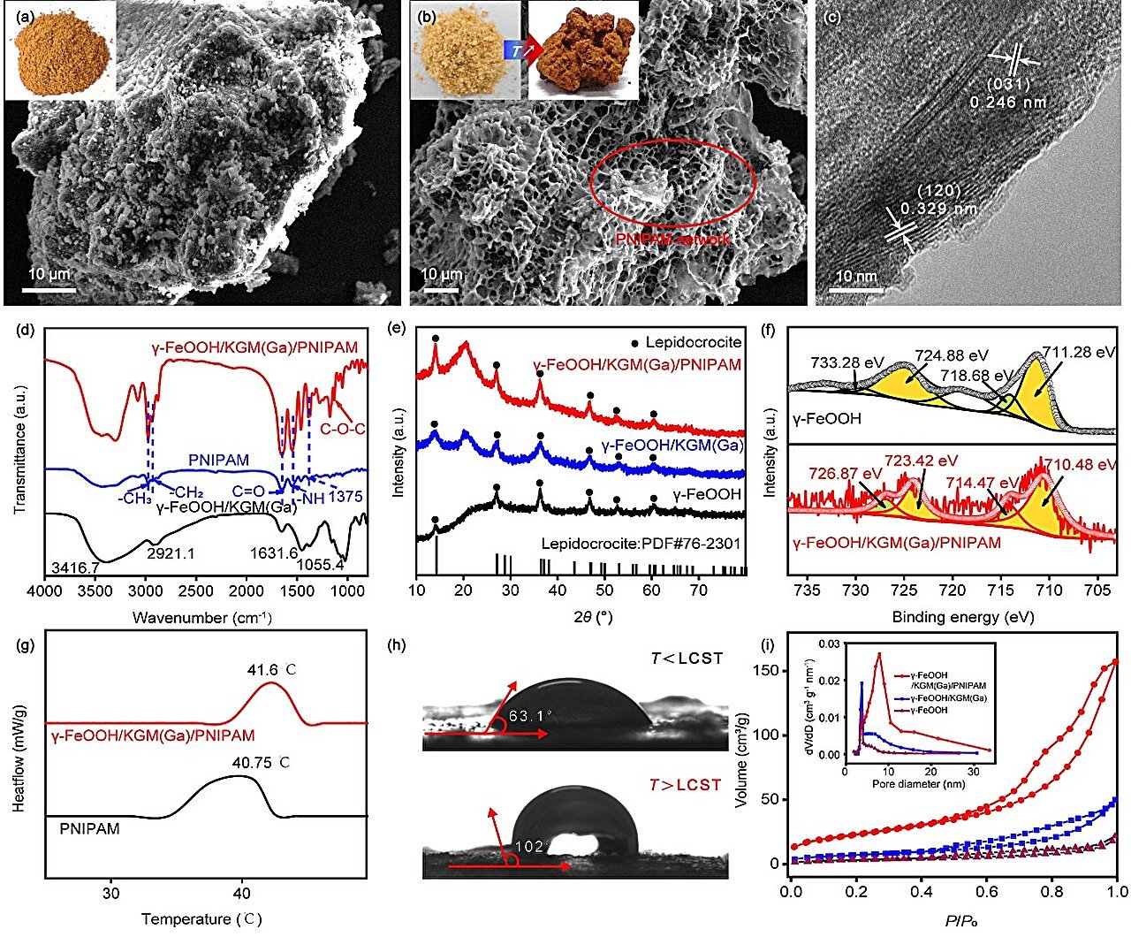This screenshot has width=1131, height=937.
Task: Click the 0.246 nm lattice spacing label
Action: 1008,103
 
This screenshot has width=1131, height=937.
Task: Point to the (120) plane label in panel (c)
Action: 937,191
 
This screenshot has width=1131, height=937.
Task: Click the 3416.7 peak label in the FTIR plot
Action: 75,567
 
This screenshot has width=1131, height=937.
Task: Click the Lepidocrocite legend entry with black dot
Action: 685,342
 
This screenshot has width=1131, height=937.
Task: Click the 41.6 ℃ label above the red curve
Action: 271,670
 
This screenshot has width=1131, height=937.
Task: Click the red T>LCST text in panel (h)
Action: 685,785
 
